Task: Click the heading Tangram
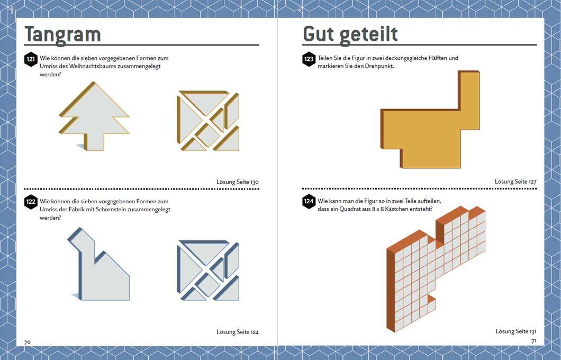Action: pos(62,34)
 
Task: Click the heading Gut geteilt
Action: pos(350,34)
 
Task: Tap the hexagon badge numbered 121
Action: pos(31,59)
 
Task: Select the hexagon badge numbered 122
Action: pos(31,202)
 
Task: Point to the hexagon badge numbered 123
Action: pos(309,59)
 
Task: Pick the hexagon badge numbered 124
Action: pos(309,202)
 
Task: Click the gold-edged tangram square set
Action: pos(209,121)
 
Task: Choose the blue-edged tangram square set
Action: pos(208,271)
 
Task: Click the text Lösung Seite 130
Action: pos(238,182)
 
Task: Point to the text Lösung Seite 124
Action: pos(238,332)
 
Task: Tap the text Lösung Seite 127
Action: pos(515,182)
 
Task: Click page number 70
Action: pos(28,342)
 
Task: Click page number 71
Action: pos(533,341)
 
